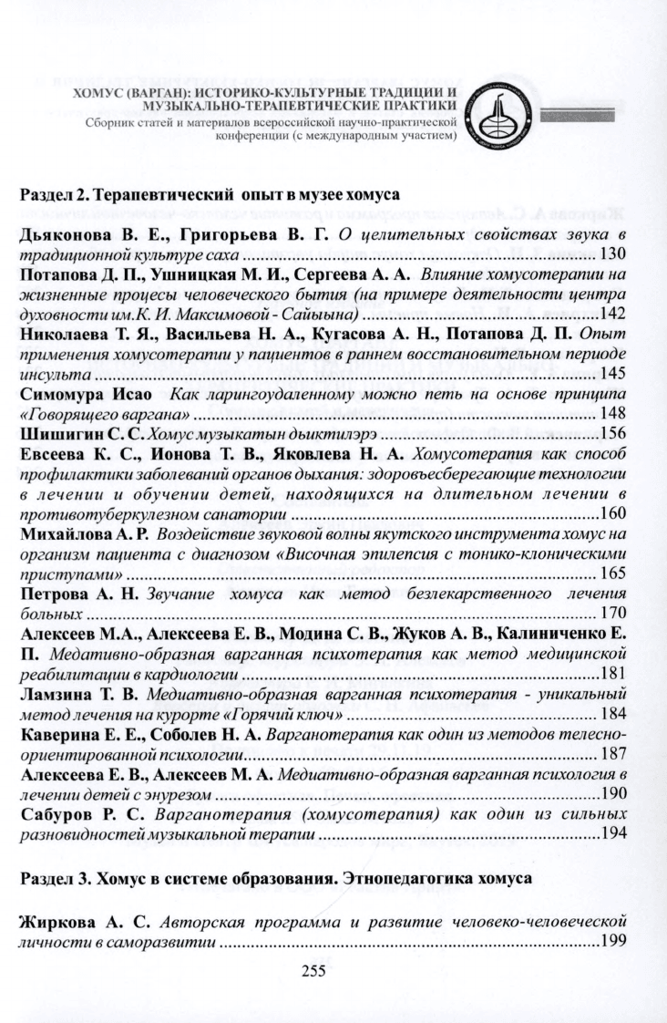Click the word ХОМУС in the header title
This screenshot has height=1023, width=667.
[104, 94]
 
